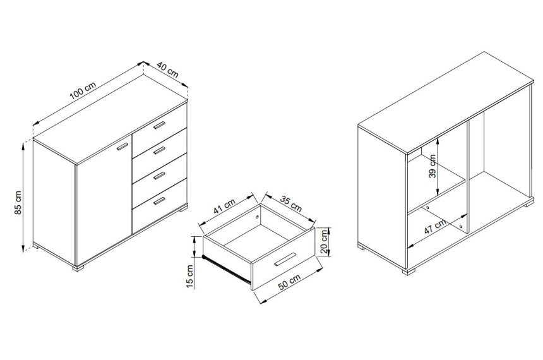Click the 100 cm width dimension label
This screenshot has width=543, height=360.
click(83, 90)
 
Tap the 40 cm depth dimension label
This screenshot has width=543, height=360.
click(167, 69)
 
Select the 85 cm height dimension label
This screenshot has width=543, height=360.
click(18, 202)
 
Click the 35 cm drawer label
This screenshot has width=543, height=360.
click(291, 204)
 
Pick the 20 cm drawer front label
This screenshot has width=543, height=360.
click(324, 242)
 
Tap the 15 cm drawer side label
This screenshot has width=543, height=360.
click(190, 276)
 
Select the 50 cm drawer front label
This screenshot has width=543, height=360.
click(290, 280)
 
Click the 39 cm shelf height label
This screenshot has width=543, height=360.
click(433, 166)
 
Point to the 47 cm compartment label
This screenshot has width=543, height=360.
click(435, 226)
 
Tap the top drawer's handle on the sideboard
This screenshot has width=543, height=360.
click(160, 125)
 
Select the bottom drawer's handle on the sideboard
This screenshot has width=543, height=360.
click(160, 201)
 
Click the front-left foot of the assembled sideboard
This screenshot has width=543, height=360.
click(78, 268)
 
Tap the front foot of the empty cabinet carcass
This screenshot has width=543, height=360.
click(409, 272)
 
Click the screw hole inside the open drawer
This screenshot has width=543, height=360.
click(258, 217)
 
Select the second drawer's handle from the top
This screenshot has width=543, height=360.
click(160, 150)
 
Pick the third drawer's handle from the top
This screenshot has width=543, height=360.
click(160, 176)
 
